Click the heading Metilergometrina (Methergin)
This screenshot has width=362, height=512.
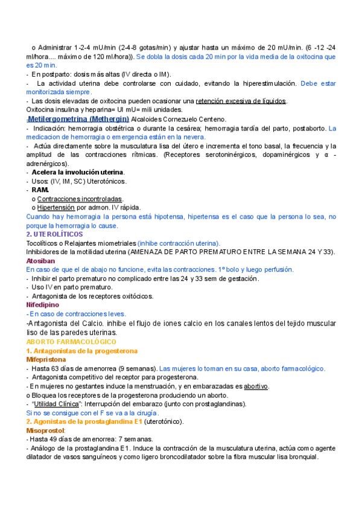pyautogui.click(x=78, y=119)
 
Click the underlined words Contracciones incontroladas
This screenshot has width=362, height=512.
pyautogui.click(x=80, y=199)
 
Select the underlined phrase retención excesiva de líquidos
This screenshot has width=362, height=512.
pyautogui.click(x=241, y=101)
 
